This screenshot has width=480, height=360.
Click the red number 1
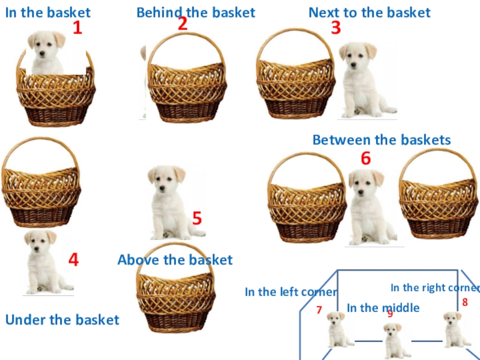tap(78, 28)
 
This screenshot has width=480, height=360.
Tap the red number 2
tap(182, 23)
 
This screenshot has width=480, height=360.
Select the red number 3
tap(336, 28)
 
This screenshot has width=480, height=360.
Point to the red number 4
tap(73, 260)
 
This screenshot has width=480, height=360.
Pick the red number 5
tap(197, 218)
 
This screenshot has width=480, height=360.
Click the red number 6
tap(366, 158)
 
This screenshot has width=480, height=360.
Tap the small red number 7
tap(319, 310)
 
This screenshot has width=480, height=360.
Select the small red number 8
tap(465, 302)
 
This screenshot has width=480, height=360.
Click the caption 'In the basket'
tap(48, 13)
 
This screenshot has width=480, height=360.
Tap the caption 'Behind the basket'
tap(196, 13)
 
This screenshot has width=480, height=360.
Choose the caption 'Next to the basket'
tap(370, 13)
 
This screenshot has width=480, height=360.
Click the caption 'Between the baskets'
tap(382, 140)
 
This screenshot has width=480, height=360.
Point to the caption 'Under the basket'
tap(62, 320)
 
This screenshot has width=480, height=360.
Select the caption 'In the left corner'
tap(291, 292)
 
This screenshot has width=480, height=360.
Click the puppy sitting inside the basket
tap(47, 53)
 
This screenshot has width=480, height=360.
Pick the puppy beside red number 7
tap(339, 329)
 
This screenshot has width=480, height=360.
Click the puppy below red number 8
tap(456, 329)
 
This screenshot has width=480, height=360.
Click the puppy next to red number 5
tap(174, 203)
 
